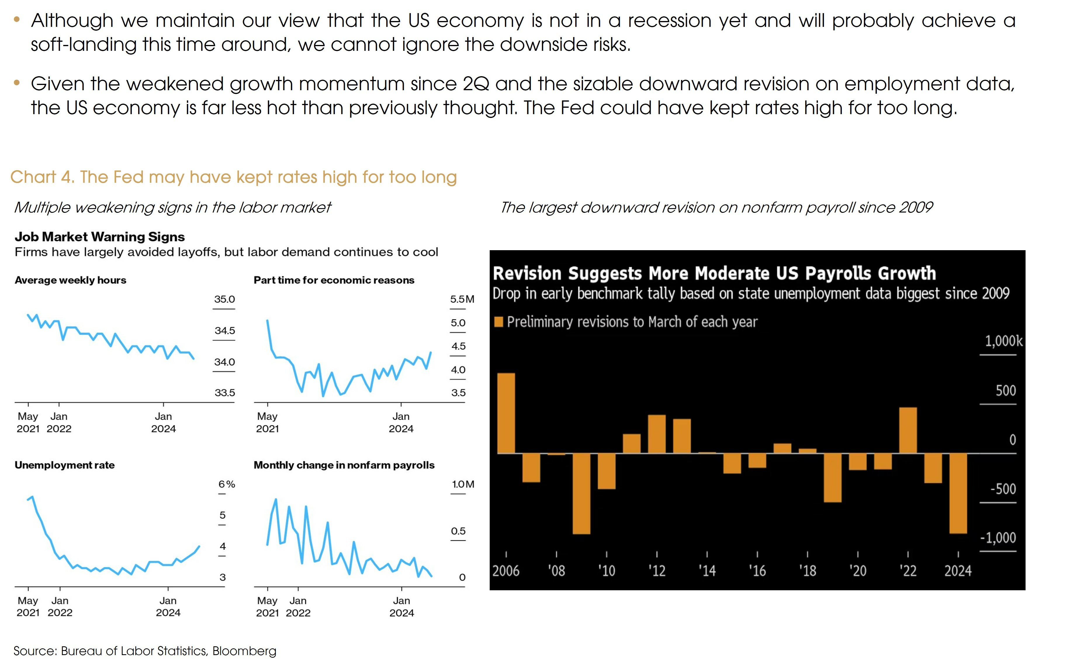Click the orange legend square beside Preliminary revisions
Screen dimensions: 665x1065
(499, 322)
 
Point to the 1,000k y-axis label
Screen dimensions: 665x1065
(1003, 341)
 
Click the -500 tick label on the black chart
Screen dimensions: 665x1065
(1003, 489)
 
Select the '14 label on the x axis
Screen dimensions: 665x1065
(707, 570)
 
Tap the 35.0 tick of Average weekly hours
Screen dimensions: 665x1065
(224, 299)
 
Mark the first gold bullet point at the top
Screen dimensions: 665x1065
(17, 19)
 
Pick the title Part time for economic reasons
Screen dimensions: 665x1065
(334, 280)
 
